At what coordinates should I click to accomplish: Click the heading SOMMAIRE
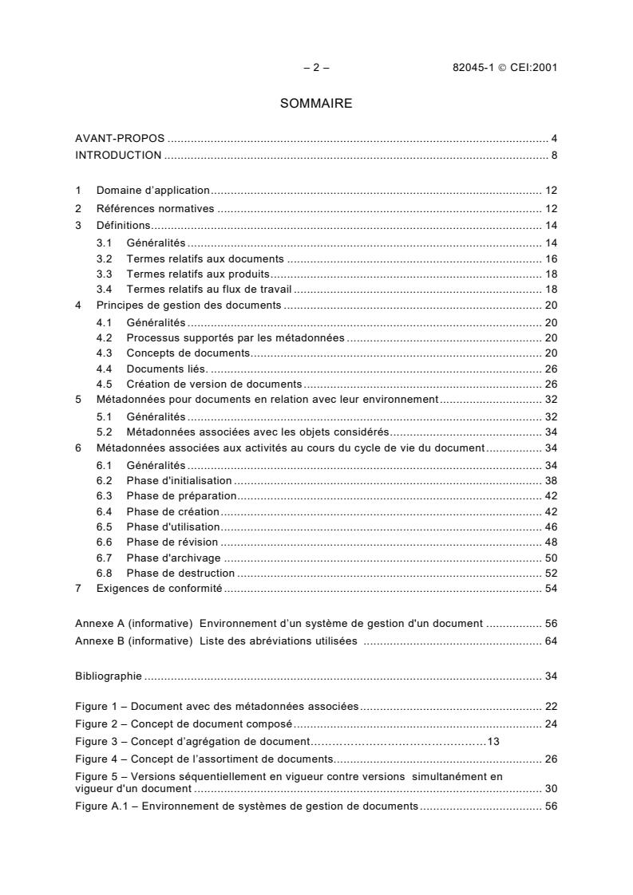tap(316, 104)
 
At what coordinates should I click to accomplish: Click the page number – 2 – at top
tap(316, 68)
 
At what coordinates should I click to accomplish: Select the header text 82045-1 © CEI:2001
tap(504, 68)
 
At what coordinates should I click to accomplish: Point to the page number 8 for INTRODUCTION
tap(554, 155)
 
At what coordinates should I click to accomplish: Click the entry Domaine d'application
tap(152, 191)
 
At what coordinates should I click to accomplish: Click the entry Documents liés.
tap(167, 369)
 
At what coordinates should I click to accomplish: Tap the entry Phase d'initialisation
tap(179, 481)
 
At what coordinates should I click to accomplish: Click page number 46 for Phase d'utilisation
tap(551, 527)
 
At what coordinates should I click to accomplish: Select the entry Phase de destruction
tap(180, 573)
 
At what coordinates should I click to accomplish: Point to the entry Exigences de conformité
tap(159, 589)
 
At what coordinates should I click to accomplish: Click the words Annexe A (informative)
tap(133, 624)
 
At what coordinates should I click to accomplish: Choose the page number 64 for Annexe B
tap(551, 641)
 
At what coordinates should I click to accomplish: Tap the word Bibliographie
tap(109, 676)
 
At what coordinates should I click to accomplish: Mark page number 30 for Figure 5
tap(551, 789)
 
